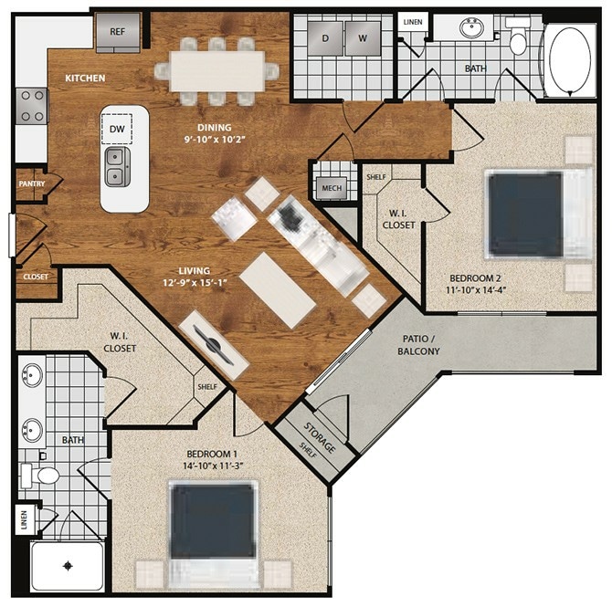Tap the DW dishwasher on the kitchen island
tap(117, 131)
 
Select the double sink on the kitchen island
tap(117, 165)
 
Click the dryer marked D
tap(326, 37)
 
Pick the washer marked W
tap(362, 37)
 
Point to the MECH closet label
tap(329, 189)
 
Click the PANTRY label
tap(30, 183)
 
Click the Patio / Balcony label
tap(420, 344)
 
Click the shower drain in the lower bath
tap(67, 566)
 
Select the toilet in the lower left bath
tap(44, 475)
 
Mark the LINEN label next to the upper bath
tap(412, 21)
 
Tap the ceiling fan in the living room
tap(216, 344)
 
